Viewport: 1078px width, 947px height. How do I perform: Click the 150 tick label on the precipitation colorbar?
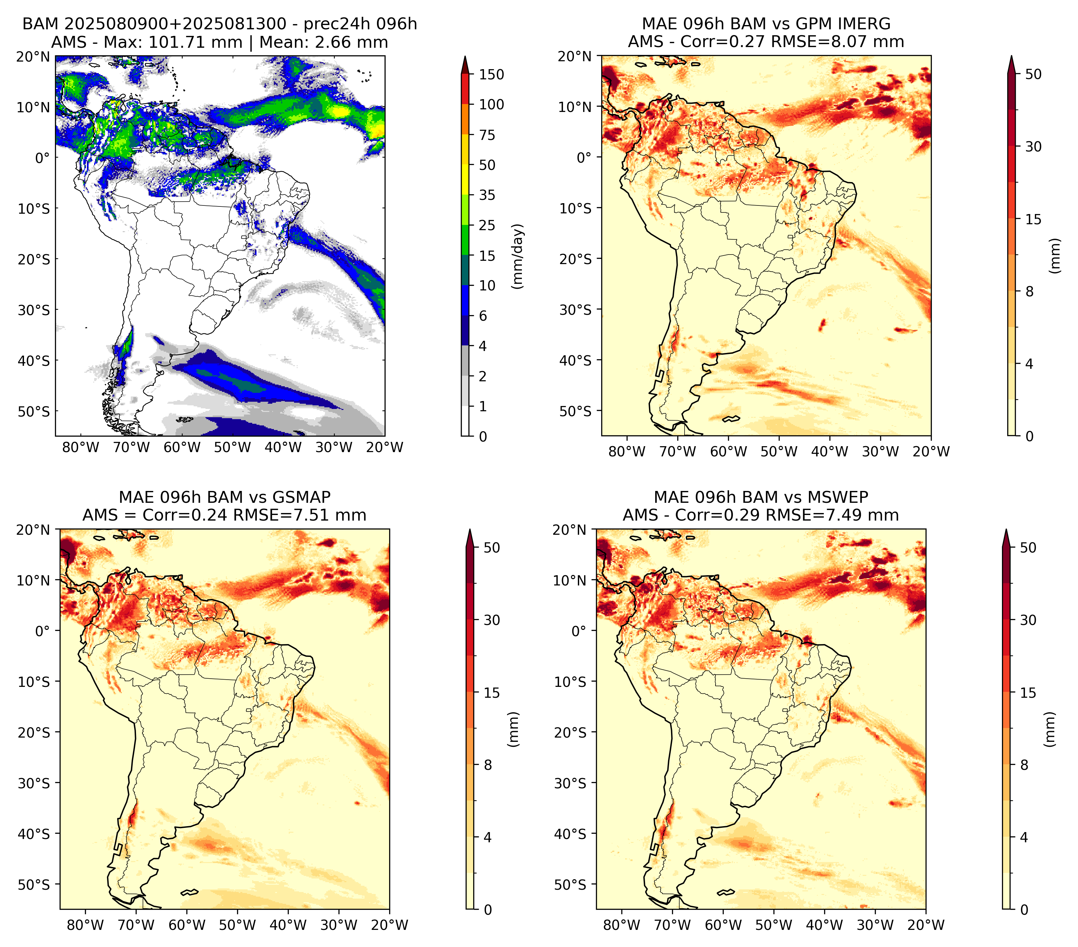491,74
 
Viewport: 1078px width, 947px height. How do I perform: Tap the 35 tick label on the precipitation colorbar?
487,195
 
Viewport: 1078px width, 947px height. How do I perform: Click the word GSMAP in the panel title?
301,497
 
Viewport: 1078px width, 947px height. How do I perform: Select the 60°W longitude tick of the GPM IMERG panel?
728,452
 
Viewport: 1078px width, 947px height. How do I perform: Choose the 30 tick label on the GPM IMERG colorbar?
1034,147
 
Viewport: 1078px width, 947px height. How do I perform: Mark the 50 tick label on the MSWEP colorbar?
1028,548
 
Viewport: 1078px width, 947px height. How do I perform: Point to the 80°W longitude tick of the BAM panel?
81,448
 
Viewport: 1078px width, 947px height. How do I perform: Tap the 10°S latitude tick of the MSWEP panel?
570,682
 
